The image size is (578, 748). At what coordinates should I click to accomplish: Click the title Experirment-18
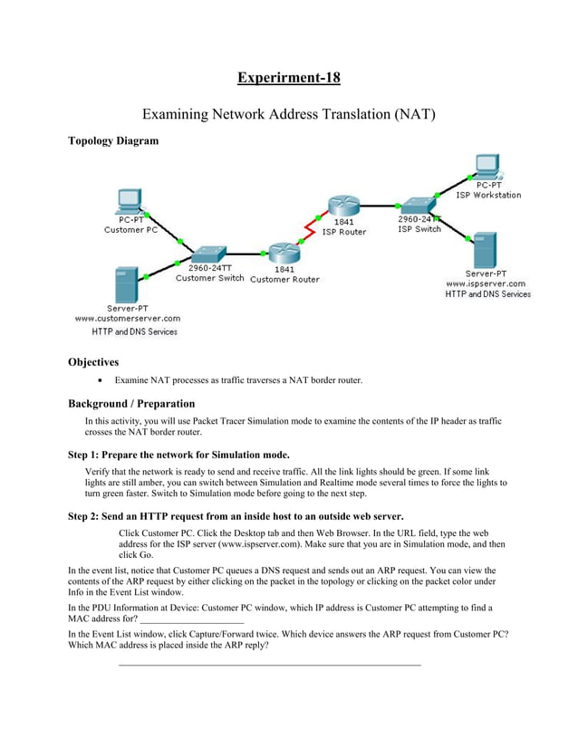click(289, 77)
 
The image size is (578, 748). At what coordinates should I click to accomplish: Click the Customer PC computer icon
click(129, 201)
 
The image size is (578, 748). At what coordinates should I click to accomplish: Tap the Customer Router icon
click(284, 254)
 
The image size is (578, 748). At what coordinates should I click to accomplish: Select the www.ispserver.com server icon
click(486, 249)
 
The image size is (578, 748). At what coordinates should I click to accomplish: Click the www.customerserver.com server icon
click(126, 285)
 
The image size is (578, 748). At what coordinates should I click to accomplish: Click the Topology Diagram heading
click(113, 140)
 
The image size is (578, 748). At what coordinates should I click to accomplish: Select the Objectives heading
click(93, 361)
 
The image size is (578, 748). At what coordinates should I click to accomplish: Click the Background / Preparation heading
click(131, 403)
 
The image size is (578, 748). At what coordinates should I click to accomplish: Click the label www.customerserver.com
click(127, 318)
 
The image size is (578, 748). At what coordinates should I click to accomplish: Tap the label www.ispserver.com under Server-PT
click(486, 283)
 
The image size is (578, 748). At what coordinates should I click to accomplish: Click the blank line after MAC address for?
click(192, 622)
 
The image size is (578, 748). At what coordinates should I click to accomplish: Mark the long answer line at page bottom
click(270, 666)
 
